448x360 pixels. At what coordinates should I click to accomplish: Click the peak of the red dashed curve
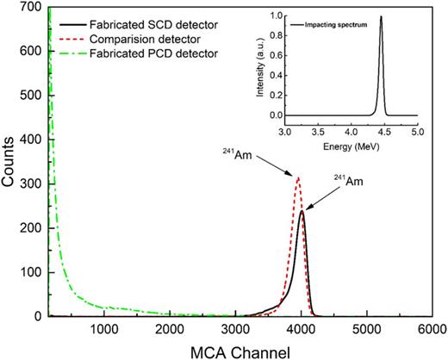click(298, 178)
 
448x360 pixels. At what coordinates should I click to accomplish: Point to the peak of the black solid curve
click(302, 211)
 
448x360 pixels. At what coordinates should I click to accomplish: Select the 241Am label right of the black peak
click(348, 181)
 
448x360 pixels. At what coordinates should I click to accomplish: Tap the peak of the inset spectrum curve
click(381, 16)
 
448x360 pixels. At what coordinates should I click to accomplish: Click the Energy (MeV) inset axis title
click(350, 146)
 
